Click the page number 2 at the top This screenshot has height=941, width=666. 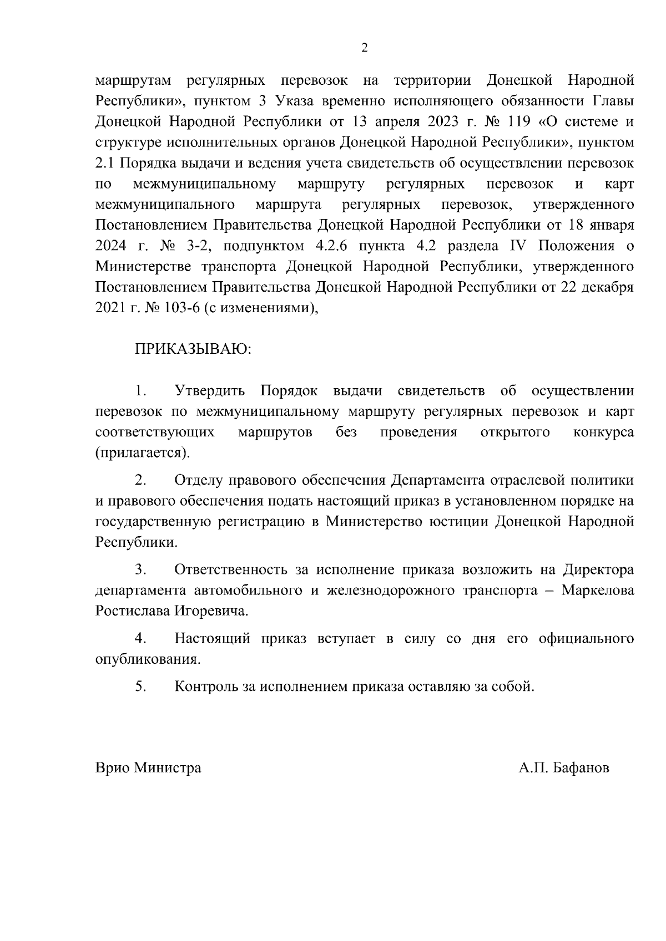364,48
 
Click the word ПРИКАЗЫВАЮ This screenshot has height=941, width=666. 193,350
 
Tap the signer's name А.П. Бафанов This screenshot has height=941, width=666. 564,768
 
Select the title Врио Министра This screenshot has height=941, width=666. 148,768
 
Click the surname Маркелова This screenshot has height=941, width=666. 598,591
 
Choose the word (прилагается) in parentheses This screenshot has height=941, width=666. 143,453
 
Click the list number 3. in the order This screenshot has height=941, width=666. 140,570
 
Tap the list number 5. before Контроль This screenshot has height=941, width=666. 140,687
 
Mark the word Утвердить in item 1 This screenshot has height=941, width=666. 209,391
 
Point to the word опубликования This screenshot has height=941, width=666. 147,660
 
